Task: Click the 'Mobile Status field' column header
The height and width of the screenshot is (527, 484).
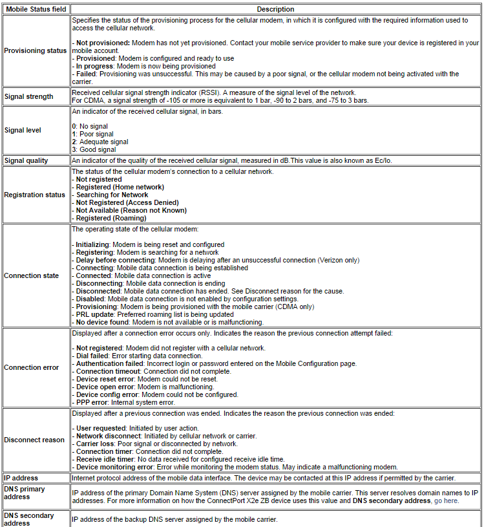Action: (35, 9)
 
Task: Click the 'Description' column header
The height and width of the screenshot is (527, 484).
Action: (275, 9)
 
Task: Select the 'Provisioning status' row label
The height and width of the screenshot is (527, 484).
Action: (35, 50)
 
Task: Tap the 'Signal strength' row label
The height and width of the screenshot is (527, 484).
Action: (28, 96)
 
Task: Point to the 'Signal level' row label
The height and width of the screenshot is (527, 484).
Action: (23, 130)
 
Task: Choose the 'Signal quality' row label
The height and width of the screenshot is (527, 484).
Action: (26, 160)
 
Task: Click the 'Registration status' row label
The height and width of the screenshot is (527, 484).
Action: (34, 195)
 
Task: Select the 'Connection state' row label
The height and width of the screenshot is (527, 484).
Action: (31, 275)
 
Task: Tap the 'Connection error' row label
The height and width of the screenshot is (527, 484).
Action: (31, 367)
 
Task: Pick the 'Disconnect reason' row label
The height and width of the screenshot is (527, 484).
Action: (34, 440)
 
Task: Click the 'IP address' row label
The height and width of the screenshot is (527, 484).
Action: (21, 478)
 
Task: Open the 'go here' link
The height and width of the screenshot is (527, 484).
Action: (447, 500)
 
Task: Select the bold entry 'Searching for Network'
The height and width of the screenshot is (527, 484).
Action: (112, 195)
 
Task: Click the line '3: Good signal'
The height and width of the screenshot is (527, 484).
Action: (94, 149)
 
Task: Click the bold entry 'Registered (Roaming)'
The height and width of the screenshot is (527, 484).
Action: (111, 218)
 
